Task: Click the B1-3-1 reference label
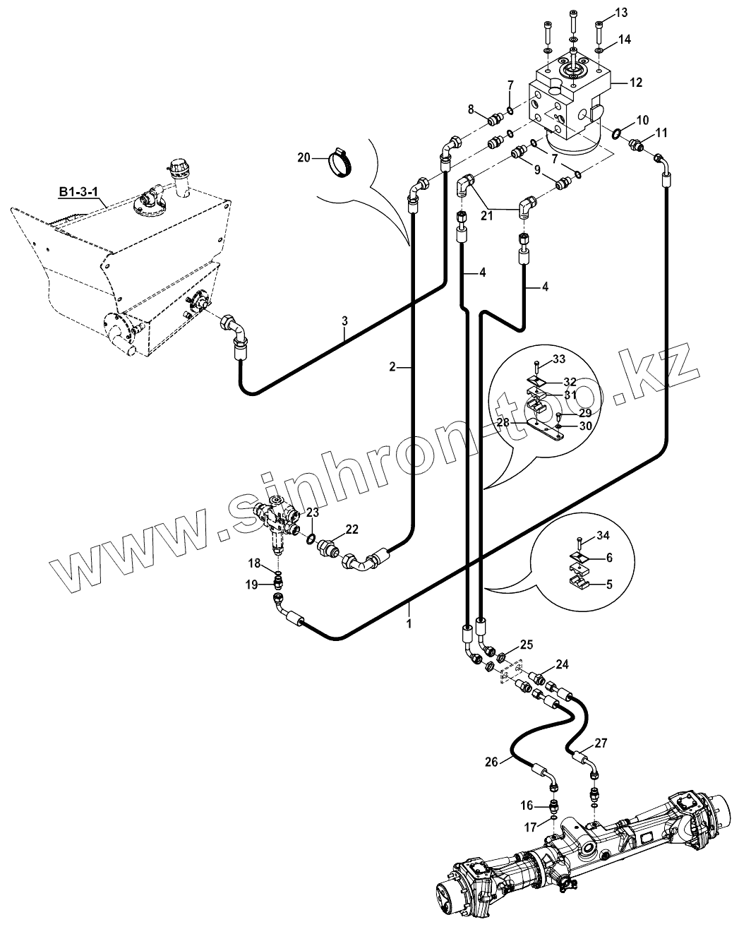click(78, 191)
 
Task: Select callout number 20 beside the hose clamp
click(304, 157)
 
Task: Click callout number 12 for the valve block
click(636, 82)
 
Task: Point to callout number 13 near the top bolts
click(621, 13)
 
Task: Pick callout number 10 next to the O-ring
click(642, 119)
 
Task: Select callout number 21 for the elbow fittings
click(486, 215)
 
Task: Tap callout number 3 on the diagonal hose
click(344, 321)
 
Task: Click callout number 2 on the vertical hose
click(392, 367)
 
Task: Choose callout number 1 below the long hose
click(409, 623)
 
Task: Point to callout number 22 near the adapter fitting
click(352, 529)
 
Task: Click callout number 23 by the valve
click(312, 512)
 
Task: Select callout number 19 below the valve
click(252, 585)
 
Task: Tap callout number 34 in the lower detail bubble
click(603, 535)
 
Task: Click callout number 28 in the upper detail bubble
click(503, 422)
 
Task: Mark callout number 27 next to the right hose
click(601, 743)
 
